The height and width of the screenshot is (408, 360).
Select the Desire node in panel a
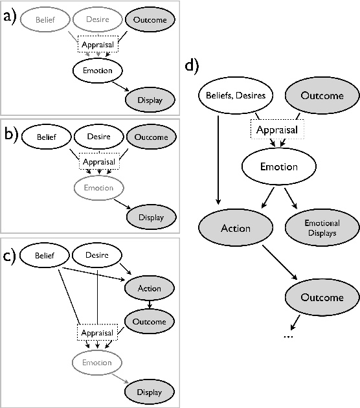[x=98, y=20]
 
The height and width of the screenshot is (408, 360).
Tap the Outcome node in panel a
[x=150, y=20]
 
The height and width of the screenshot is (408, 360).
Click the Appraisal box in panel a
[x=97, y=45]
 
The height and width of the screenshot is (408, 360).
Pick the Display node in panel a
[x=150, y=100]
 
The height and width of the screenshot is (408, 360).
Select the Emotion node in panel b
[x=98, y=188]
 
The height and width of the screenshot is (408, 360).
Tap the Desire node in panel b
[x=98, y=137]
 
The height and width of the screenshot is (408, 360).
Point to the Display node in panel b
[x=150, y=218]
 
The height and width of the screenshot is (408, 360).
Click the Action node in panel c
[x=150, y=288]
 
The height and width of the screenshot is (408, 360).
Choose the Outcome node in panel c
[x=150, y=321]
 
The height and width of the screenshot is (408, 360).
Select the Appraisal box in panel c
[x=97, y=333]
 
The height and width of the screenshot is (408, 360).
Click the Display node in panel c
[x=150, y=392]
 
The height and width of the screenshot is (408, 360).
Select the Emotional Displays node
[x=322, y=227]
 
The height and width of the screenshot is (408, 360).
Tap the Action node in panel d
[x=235, y=228]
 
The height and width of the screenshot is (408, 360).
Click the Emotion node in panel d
[x=278, y=166]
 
